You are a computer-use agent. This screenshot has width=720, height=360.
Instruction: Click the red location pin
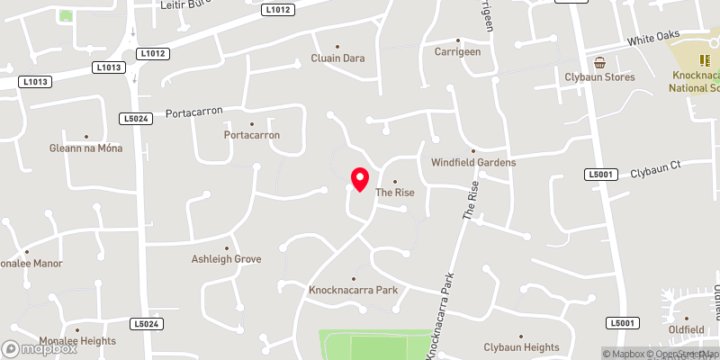360,178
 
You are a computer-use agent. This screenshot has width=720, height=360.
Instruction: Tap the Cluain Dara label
337,58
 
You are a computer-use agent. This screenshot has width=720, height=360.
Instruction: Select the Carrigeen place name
457,52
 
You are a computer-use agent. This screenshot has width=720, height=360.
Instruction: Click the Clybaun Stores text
600,77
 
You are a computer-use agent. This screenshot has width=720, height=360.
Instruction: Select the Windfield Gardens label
472,163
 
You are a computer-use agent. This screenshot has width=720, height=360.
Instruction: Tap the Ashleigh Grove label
226,259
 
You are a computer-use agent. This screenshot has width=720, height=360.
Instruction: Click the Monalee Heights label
77,341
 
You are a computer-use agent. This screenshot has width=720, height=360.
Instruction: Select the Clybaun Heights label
521,347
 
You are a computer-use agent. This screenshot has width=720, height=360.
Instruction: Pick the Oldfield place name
688,330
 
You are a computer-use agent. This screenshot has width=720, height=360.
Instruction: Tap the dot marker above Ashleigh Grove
227,247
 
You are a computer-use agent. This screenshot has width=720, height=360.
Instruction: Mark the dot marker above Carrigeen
457,40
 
